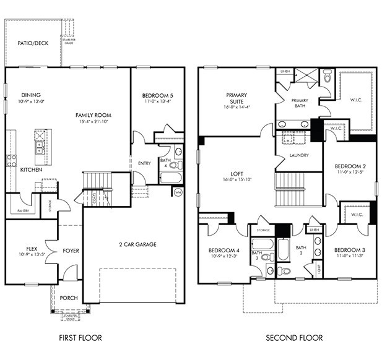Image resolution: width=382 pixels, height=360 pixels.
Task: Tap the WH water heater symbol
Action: coord(178,192)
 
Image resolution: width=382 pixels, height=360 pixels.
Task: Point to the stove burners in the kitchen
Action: coord(11,161)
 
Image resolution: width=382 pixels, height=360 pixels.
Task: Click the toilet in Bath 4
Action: coord(174,165)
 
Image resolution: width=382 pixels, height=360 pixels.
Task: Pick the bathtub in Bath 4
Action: coord(170,179)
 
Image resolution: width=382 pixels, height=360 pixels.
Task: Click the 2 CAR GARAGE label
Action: coord(137,244)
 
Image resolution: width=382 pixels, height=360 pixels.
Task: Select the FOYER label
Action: coord(71,251)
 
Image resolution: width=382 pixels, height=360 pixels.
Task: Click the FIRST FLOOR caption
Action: coord(80,338)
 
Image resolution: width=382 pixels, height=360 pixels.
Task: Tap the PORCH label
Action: coord(69,298)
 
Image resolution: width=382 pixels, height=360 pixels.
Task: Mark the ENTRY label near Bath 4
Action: coord(144,163)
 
